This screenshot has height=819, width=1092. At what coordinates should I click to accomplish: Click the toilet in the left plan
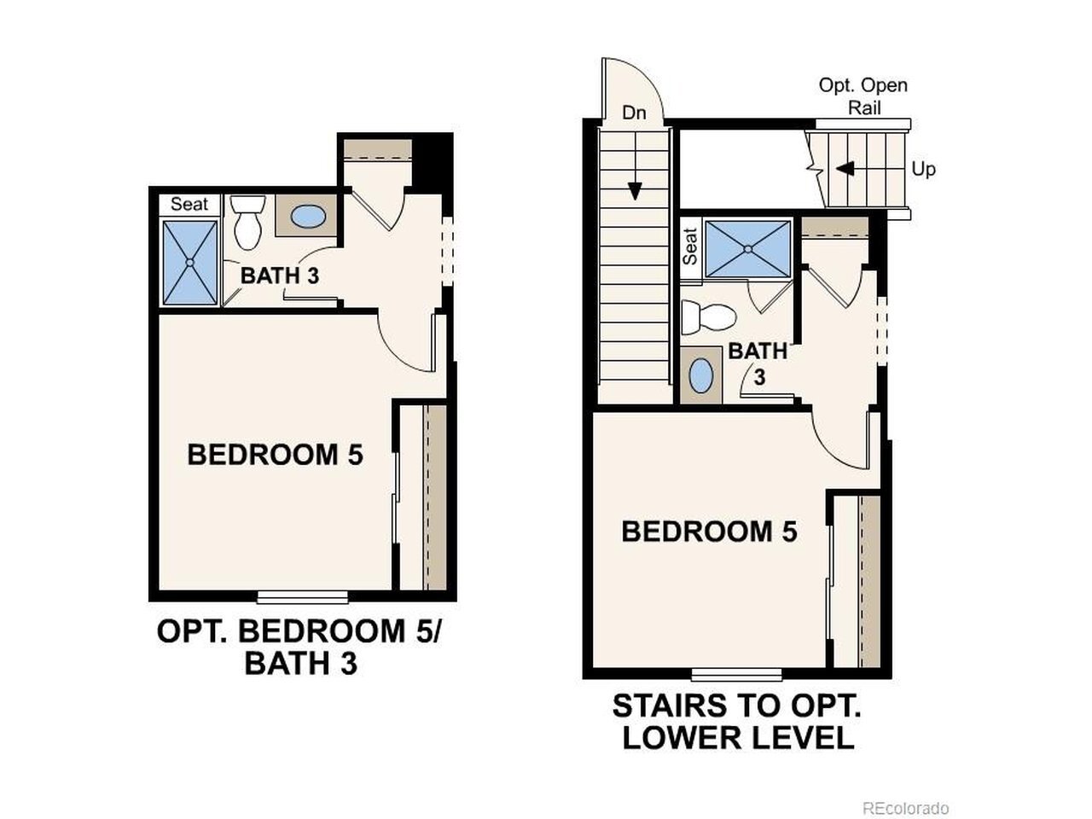247,222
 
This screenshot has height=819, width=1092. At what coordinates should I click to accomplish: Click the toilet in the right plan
708,317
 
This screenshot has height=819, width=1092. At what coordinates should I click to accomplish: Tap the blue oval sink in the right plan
701,376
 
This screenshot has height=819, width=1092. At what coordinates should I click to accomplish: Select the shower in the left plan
190,263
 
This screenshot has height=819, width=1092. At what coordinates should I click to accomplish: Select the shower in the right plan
747,248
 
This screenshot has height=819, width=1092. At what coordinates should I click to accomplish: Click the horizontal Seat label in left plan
189,204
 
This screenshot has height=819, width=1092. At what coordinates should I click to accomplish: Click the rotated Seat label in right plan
690,247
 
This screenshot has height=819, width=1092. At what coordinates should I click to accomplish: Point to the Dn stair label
634,113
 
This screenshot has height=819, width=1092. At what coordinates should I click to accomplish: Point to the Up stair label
923,170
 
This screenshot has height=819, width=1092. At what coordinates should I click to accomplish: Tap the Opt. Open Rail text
863,96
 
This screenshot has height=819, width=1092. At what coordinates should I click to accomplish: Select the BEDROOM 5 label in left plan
275,455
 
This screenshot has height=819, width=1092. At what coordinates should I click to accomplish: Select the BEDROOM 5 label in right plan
710,531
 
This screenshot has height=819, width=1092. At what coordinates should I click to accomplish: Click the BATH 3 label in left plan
280,276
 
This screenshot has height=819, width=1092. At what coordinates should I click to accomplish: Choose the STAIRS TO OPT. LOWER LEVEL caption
736,722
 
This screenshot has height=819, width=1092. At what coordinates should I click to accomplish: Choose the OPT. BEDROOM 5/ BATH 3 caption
299,648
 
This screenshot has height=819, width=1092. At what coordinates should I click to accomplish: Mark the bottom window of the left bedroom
303,596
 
